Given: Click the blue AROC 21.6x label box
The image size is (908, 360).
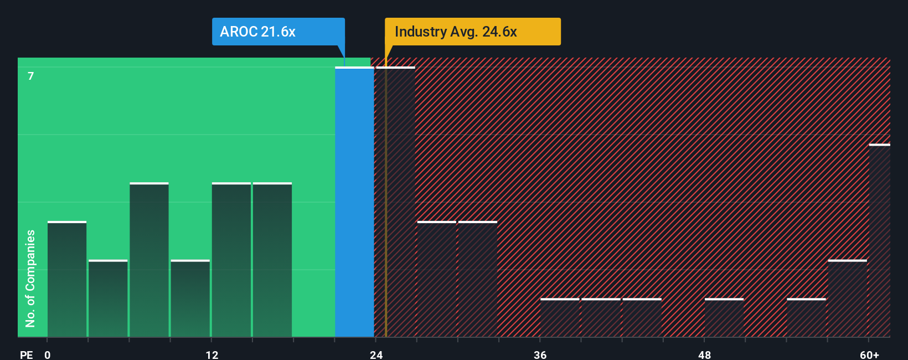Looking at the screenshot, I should [278, 32].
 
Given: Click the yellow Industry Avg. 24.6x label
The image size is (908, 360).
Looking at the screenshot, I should [472, 32].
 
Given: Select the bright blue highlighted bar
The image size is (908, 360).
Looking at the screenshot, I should [354, 202].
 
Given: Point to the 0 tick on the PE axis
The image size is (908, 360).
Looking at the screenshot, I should [48, 354].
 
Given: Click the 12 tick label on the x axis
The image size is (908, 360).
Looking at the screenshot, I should [212, 354].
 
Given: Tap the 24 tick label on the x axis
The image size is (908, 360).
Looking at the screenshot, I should [376, 354].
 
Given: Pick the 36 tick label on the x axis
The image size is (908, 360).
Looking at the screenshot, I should [540, 354].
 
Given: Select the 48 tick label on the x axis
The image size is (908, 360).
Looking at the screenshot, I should [704, 354].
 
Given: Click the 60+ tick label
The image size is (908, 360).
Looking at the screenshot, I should [869, 354].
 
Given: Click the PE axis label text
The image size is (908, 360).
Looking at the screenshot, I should [26, 354].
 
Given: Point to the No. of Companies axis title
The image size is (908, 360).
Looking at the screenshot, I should [30, 278].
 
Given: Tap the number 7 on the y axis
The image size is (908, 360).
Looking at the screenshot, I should [31, 76].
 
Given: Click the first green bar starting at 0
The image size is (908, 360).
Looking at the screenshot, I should [67, 280].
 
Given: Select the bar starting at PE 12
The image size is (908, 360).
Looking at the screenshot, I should [231, 260].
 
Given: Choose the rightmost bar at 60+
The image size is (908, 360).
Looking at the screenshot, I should [879, 241].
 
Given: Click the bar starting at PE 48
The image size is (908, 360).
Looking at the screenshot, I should [724, 318].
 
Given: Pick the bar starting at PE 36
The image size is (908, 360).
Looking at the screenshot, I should [560, 318].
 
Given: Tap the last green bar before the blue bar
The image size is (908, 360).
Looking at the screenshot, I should [272, 260].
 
